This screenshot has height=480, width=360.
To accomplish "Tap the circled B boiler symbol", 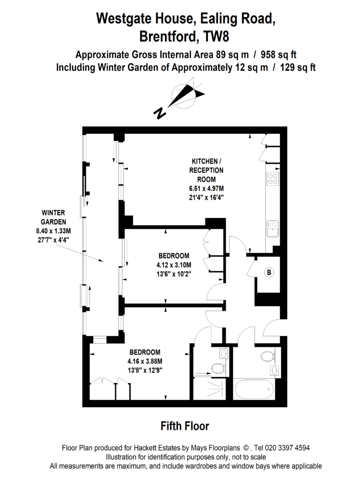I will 270,272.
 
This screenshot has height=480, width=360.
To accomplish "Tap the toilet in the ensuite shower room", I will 218,369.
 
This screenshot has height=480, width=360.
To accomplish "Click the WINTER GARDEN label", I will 53,217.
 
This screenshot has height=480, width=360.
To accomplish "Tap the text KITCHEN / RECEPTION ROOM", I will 206,170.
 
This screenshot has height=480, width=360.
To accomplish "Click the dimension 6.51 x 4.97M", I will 206,188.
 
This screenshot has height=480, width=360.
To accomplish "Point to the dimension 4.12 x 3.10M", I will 173,264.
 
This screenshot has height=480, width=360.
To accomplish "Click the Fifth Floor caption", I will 184,426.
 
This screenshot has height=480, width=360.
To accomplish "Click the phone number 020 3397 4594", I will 287,448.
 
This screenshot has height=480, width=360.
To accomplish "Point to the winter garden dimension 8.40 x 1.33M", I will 53,231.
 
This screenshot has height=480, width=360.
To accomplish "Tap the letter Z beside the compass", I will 160,112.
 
